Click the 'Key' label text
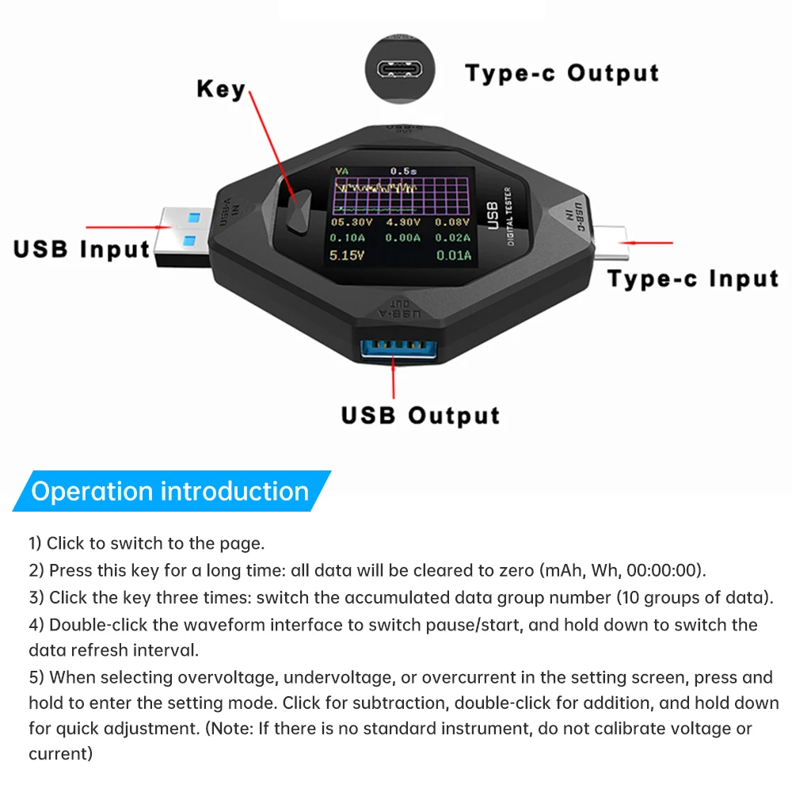coord(221,89)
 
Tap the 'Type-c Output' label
coord(562,74)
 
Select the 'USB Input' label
coord(82,249)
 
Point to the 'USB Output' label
coord(421,416)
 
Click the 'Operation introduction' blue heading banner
coord(170,491)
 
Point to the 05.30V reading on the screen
coord(348,223)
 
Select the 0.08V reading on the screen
coord(454,223)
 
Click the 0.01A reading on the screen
coord(454,255)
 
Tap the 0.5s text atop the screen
coord(404,170)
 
